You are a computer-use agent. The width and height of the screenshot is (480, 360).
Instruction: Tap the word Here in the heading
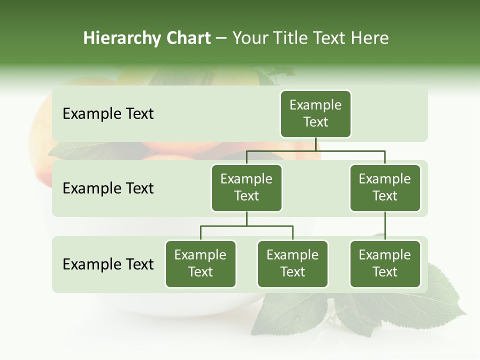click(370, 38)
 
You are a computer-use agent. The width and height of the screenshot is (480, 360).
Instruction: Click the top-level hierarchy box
click(315, 113)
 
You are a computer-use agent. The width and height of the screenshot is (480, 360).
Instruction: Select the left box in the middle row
click(246, 187)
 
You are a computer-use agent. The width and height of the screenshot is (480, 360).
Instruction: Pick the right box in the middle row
click(385, 187)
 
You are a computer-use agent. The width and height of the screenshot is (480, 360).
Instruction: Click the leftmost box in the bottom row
click(200, 263)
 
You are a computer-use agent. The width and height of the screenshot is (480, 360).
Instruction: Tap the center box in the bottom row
click(292, 263)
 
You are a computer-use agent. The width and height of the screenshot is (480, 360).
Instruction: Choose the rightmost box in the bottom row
click(385, 263)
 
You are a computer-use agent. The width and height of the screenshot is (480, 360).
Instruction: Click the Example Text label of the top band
click(108, 114)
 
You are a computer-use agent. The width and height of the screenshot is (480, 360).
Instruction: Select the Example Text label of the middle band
click(108, 188)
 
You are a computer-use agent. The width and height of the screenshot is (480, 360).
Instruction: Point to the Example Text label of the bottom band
click(108, 264)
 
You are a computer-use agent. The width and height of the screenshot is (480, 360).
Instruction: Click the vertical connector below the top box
click(316, 144)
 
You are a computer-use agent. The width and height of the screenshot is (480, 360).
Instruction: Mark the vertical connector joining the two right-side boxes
click(385, 225)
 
